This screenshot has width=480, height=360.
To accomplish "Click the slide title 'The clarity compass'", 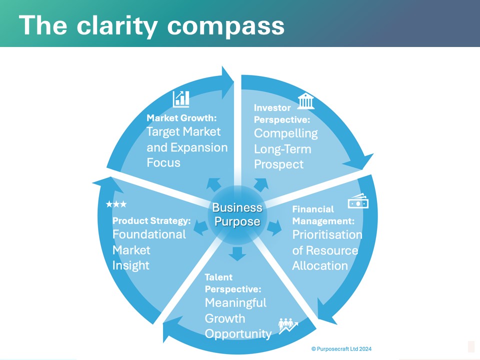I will (152, 25).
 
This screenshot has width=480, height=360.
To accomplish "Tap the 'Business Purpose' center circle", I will (237, 214).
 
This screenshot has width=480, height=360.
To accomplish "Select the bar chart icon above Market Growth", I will (181, 98).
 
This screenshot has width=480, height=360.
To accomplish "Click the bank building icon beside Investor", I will (306, 101).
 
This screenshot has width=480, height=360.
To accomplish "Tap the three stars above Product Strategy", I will (116, 204).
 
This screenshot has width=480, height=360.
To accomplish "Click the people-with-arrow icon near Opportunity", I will (288, 325).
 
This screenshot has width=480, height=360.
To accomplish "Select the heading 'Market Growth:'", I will (180, 118).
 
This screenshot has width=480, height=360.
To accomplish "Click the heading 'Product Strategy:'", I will (151, 220).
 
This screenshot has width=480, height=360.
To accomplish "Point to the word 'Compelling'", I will (285, 133).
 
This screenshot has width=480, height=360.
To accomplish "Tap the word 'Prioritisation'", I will (327, 234).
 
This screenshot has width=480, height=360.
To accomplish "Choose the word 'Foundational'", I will (149, 234).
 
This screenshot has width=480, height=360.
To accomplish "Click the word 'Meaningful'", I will (235, 302).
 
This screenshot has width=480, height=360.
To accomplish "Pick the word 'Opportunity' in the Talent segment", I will (238, 333).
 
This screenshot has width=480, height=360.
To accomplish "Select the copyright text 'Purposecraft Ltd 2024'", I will (344, 349).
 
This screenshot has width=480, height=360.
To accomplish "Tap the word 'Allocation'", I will (319, 265).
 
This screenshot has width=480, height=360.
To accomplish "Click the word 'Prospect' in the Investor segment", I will (278, 164).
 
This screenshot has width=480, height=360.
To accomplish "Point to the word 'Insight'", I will (130, 265).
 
